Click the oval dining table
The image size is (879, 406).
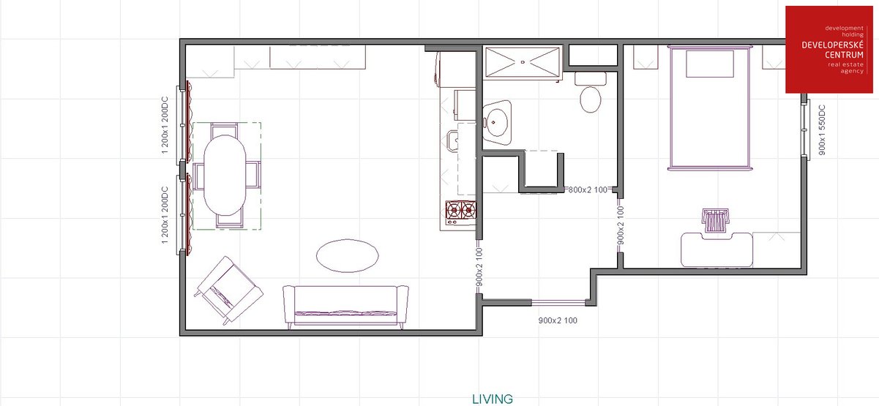225,175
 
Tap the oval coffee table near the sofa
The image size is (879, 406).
348,256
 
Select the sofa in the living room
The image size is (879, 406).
345,307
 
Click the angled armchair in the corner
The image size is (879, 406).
229,290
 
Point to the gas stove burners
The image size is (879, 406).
461,210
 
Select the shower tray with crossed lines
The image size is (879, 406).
523,62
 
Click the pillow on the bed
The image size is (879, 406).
710,64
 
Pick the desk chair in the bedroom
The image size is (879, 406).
715,220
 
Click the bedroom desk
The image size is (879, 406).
717,249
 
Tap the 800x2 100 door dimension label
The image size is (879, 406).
588,190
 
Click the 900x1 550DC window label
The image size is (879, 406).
822,129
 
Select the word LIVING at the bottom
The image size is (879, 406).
492,399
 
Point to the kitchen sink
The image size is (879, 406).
453,141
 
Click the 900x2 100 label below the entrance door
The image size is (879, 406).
558,320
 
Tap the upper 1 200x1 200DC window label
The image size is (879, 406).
165,125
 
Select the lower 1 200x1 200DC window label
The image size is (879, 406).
165,215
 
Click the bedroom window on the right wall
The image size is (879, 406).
805,129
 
